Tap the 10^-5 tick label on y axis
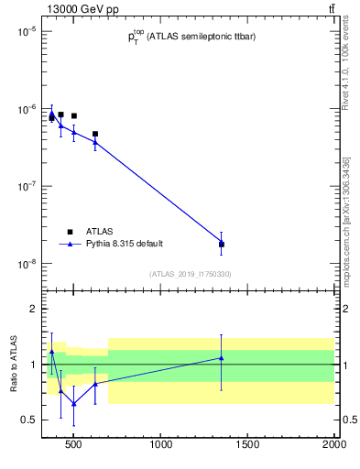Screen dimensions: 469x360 24,31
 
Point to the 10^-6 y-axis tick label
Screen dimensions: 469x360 24,109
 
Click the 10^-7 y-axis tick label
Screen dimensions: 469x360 24,186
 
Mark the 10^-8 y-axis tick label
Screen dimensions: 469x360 24,264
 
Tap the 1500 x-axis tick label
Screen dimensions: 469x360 247,446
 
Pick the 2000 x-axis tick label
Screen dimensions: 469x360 333,446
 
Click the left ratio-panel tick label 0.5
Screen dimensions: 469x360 28,420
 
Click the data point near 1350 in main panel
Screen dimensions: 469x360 222,244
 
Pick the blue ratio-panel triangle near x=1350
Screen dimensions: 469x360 222,358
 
